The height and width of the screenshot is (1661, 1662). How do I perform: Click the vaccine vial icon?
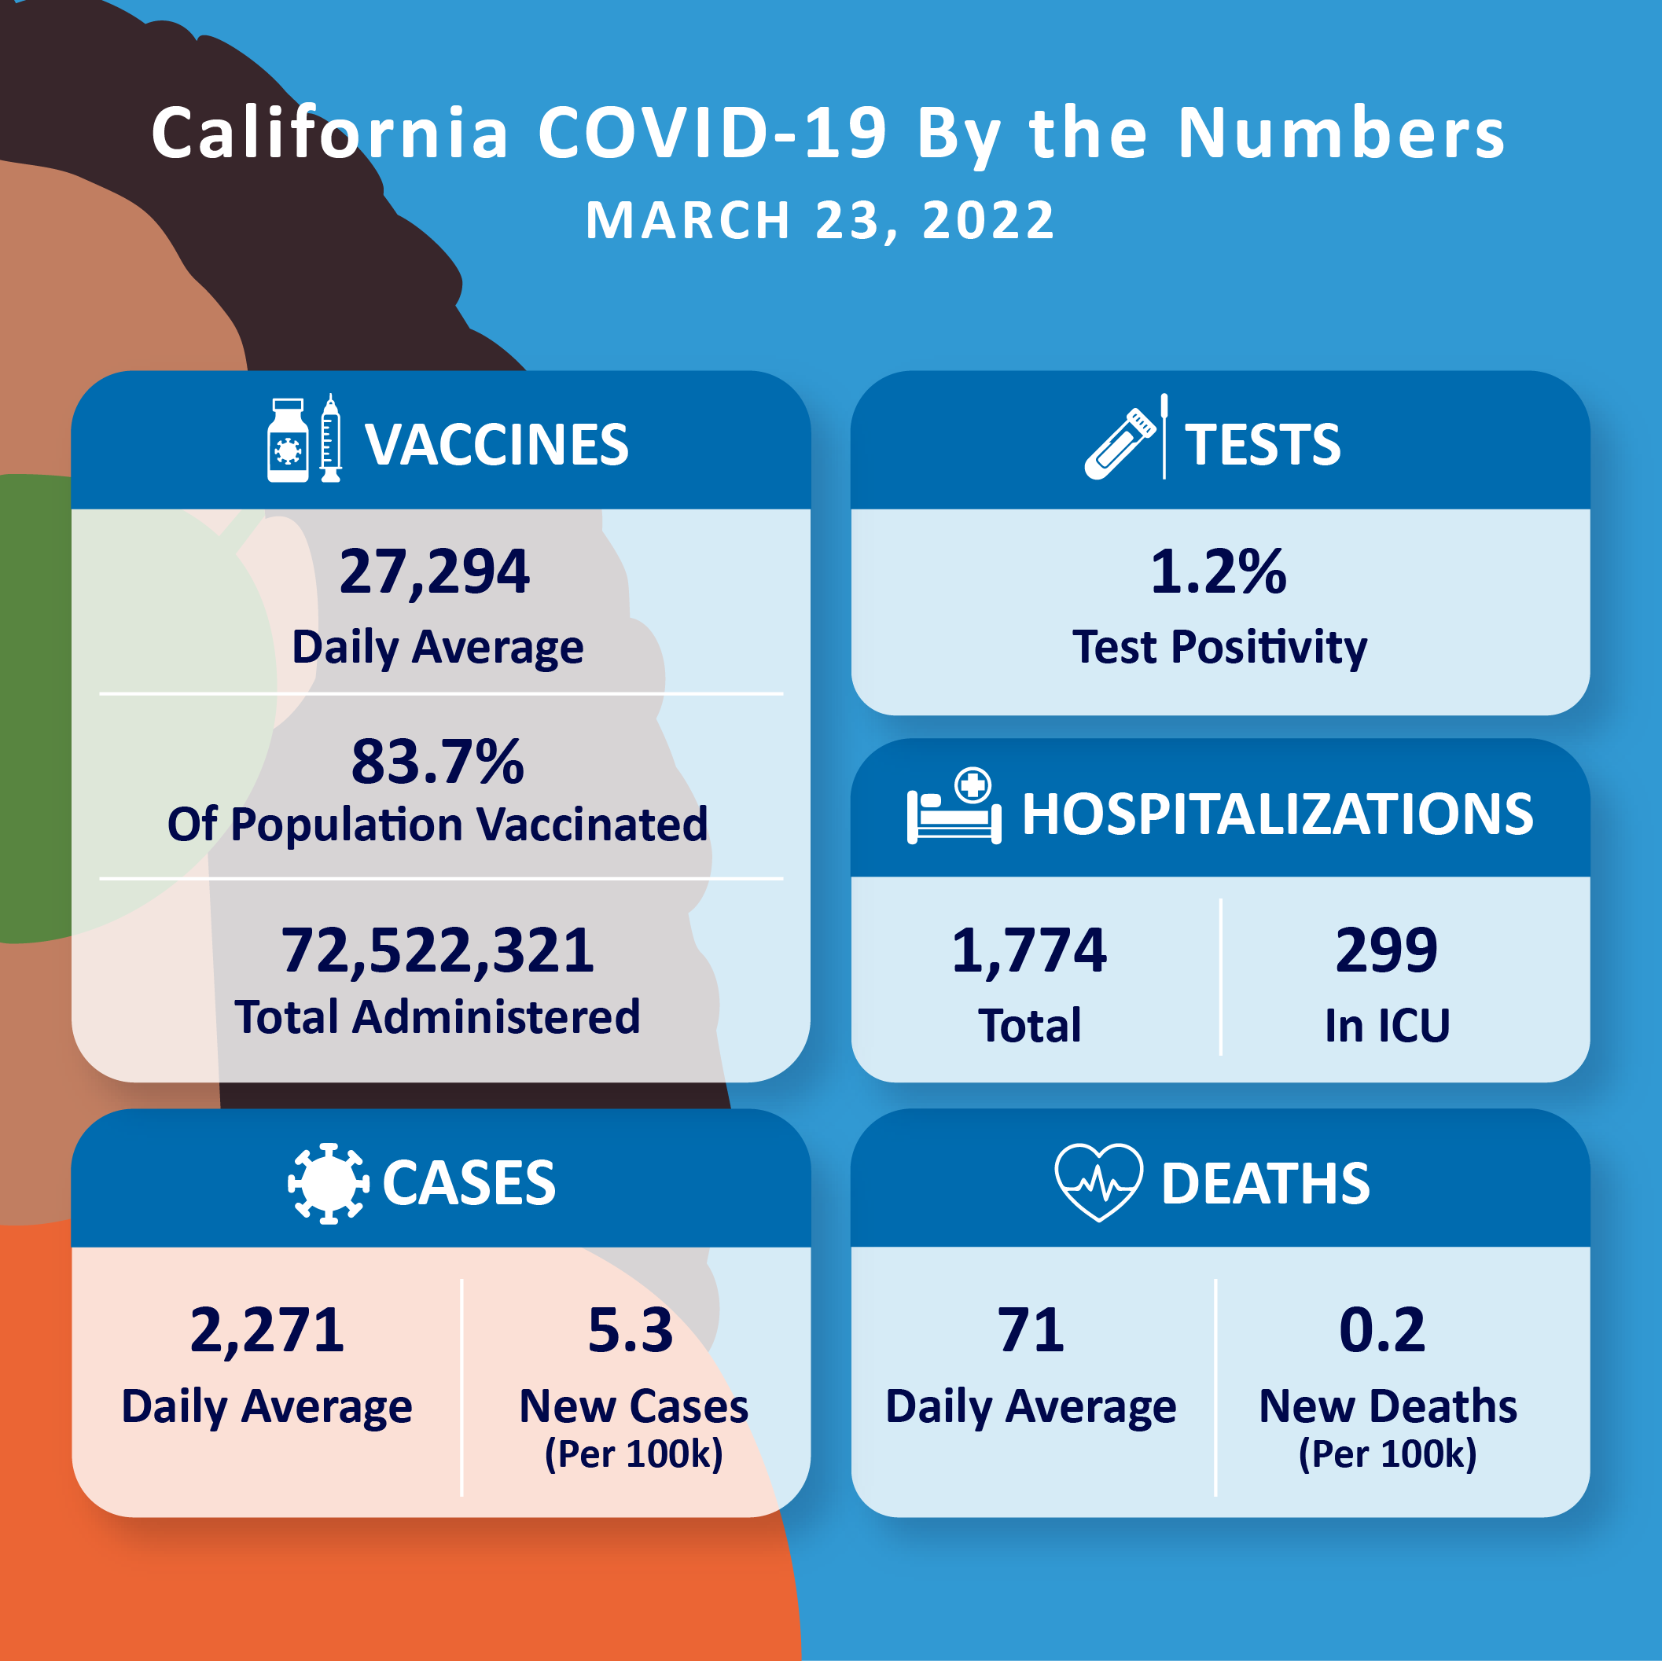tap(287, 440)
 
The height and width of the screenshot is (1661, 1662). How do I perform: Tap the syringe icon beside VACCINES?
tap(330, 439)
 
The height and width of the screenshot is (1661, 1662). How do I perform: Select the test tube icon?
tap(1120, 444)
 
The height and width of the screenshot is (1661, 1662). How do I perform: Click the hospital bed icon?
tap(954, 809)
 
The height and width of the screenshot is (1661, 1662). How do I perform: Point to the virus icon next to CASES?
tap(329, 1183)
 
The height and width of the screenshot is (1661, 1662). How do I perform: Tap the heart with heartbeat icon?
tap(1098, 1182)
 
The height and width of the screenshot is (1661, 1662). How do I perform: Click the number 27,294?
tap(435, 572)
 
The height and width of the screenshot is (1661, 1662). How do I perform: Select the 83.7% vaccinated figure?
tap(437, 763)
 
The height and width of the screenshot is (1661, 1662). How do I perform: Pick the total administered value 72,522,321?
tap(437, 950)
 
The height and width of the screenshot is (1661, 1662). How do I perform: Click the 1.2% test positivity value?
tap(1218, 572)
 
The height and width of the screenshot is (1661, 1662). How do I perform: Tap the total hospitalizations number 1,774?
tap(1029, 950)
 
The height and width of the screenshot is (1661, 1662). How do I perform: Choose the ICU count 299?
tap(1386, 950)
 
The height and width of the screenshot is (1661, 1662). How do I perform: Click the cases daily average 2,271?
tap(267, 1331)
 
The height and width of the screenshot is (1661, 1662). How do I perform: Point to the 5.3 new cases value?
tap(630, 1331)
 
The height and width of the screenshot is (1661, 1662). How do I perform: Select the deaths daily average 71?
tap(1031, 1331)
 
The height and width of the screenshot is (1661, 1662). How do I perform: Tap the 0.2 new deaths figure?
tap(1382, 1331)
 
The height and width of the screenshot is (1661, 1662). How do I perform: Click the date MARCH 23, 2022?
tap(821, 220)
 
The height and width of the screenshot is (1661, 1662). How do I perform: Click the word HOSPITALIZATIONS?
tap(1278, 814)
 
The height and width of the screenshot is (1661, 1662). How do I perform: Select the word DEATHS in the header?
tap(1266, 1184)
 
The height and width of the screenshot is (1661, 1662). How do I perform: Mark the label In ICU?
tap(1387, 1025)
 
